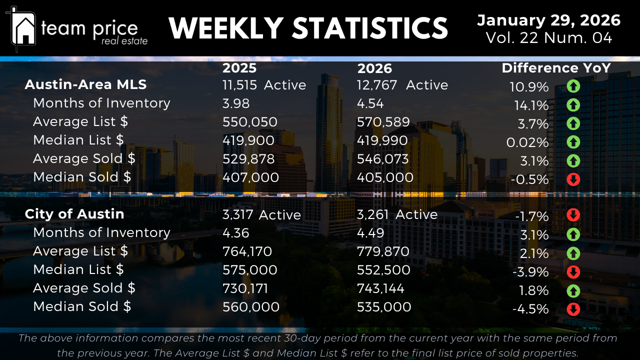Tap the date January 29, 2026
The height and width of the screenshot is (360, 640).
548,20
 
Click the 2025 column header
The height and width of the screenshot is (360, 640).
239,68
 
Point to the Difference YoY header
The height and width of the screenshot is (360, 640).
556,68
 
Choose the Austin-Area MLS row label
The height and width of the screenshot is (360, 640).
85,84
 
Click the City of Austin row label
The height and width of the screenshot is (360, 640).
74,214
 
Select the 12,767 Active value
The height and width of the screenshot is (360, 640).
402,85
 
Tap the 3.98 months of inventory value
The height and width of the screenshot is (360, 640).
236,103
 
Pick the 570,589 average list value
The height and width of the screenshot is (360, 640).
383,122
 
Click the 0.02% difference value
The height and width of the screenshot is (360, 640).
527,142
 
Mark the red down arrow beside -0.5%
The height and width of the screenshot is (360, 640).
573,179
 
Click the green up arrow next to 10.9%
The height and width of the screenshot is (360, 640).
573,86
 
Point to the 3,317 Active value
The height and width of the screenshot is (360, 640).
261,215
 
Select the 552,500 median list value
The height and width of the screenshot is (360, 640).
383,270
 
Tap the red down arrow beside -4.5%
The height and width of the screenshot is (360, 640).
573,309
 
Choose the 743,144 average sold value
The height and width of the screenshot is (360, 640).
380,288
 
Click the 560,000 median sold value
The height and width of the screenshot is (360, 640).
250,307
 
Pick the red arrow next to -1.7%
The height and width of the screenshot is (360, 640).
573,215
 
